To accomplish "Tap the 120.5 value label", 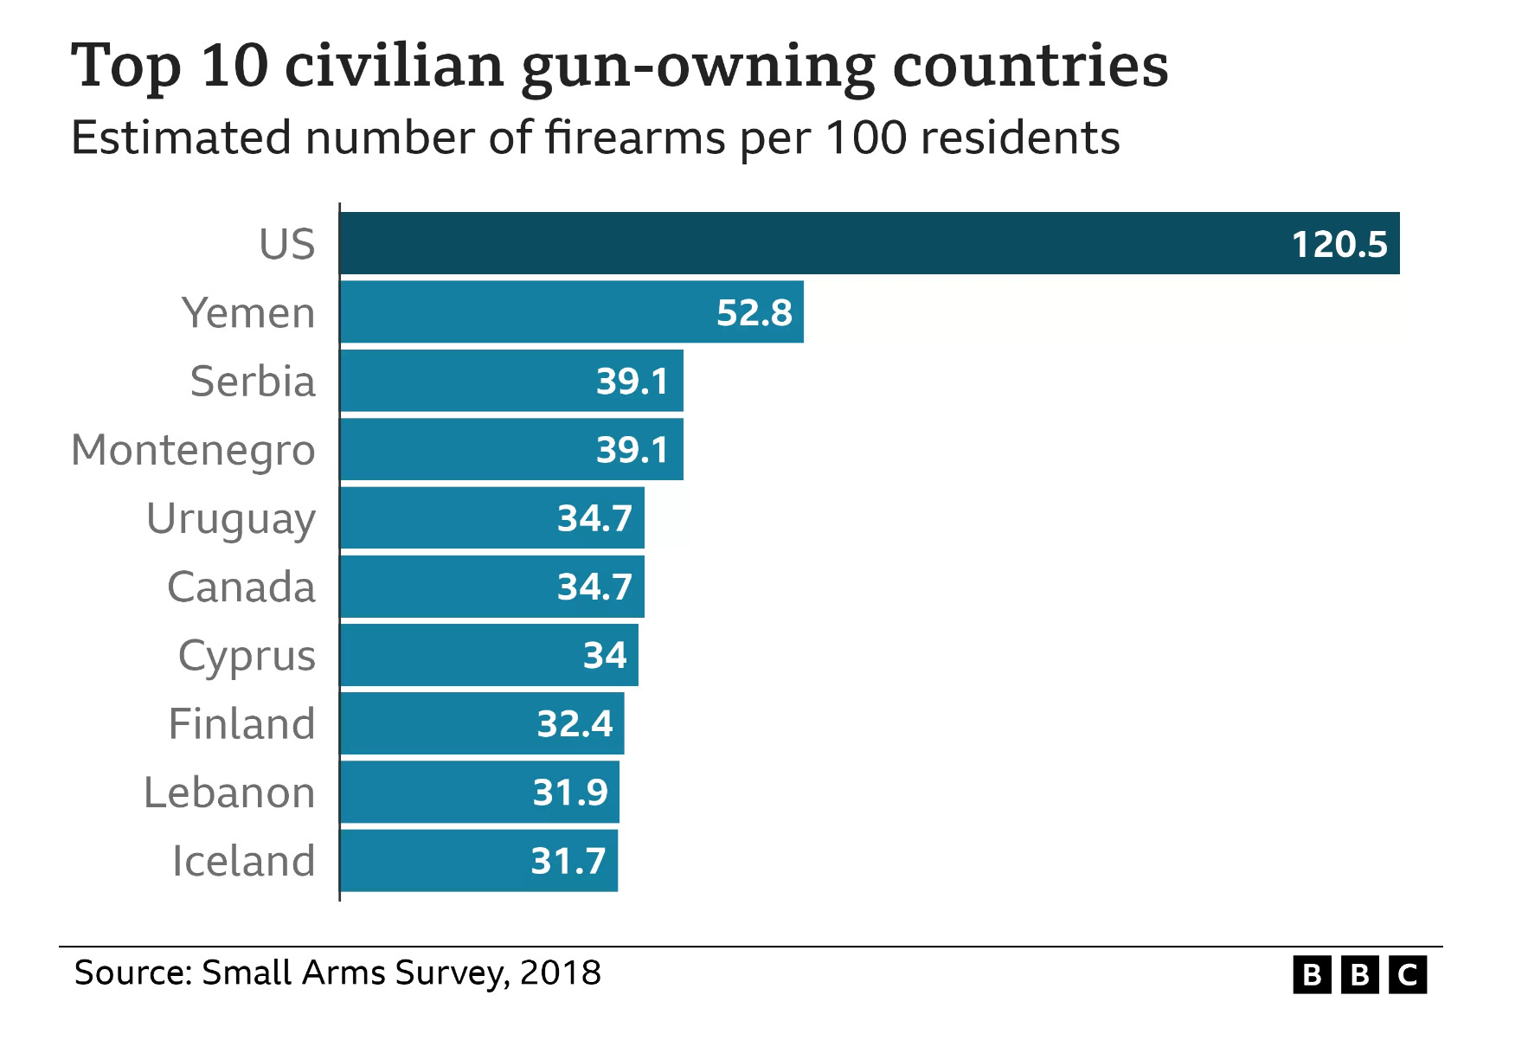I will (1339, 245).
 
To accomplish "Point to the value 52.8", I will (754, 313).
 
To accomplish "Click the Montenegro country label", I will (193, 451).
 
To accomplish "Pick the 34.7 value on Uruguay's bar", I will (594, 518).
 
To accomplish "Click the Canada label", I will (241, 587).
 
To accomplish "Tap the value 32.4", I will (575, 724).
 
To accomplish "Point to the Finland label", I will (241, 724).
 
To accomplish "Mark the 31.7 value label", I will (568, 861).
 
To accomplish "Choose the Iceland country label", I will (243, 861).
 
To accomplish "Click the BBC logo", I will (1359, 975).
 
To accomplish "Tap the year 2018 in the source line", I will (560, 973).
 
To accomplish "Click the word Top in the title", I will (126, 67).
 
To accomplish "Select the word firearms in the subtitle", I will (635, 138).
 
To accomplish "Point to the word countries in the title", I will (1030, 67).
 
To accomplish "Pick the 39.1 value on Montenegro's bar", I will (632, 450).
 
